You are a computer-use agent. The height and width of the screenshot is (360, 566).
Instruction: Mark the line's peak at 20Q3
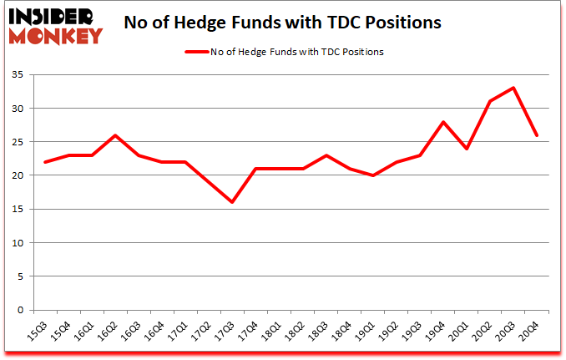[x=513, y=88]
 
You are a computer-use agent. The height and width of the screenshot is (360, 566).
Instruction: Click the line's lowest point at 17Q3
[x=233, y=202]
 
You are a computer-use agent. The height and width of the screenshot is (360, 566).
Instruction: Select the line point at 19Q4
[x=443, y=122]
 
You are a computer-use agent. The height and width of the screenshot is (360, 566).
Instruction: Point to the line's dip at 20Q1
[x=467, y=149]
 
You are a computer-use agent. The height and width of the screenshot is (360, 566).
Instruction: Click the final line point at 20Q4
[x=537, y=135]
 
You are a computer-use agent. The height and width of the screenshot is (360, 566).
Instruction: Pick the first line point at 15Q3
[x=46, y=162]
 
